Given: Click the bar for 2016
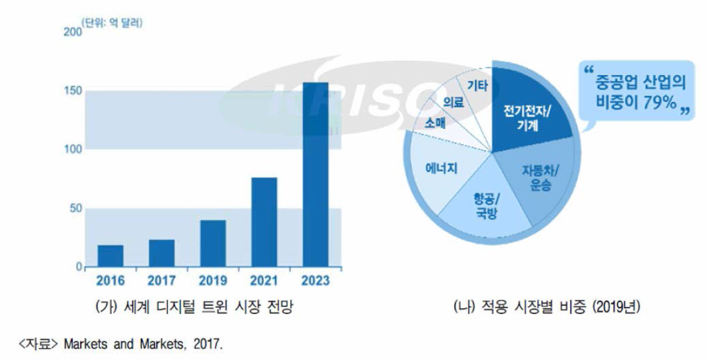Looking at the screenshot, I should (111, 256).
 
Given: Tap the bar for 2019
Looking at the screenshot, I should (213, 243).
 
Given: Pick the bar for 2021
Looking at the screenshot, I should (264, 222).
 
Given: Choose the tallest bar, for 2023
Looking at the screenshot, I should (315, 174).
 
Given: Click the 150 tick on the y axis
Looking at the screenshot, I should (74, 91).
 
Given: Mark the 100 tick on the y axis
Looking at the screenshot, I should (74, 150).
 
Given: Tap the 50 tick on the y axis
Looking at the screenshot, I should (76, 209).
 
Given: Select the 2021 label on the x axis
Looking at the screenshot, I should (264, 281).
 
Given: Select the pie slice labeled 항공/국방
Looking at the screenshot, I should (483, 204).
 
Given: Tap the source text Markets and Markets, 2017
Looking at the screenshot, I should (142, 343).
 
